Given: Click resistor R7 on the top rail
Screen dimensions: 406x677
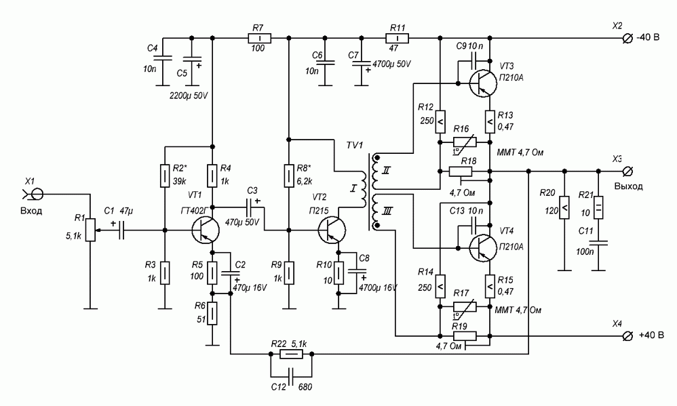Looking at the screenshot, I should [x=258, y=38].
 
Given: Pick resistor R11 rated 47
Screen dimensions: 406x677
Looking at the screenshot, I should [x=397, y=38].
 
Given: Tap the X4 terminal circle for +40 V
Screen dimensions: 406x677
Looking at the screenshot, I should [x=627, y=336].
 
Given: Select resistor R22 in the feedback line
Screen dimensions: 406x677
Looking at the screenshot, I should [x=291, y=354].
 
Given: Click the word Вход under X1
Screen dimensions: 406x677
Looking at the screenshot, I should [x=31, y=211].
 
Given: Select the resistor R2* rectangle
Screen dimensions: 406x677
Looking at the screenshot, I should [x=164, y=176].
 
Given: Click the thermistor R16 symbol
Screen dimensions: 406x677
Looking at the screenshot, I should [x=459, y=142].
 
